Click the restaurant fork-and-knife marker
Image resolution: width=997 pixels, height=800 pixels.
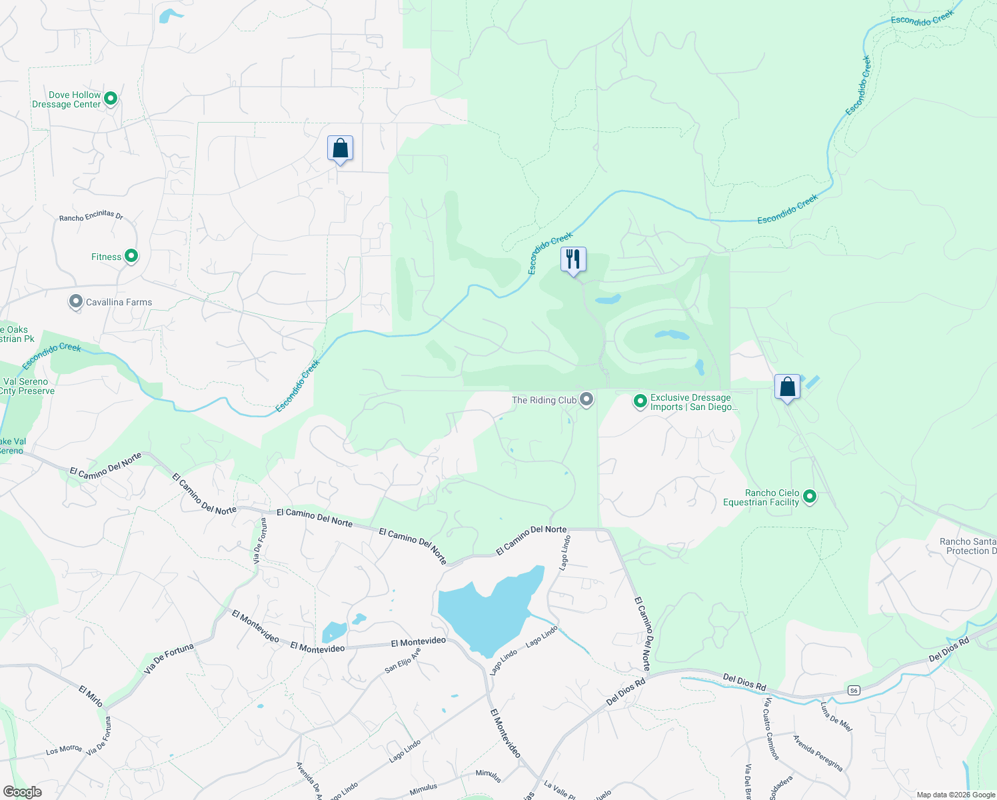pos(573,259)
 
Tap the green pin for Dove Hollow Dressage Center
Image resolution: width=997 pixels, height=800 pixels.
pos(111,99)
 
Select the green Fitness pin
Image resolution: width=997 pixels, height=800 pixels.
pos(131,256)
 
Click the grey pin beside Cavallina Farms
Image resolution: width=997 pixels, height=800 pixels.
pos(75,302)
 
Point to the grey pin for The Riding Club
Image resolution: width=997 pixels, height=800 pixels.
pos(586,399)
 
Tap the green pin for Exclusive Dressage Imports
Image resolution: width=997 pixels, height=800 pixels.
pos(640,401)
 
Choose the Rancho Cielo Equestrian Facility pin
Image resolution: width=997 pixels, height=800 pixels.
pos(810,497)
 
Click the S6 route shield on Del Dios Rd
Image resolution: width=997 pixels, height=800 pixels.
pos(854,691)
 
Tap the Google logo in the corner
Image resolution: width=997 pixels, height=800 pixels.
pos(22,791)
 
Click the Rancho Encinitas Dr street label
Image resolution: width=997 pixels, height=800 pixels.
pos(91,216)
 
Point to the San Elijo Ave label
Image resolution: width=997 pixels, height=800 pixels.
pos(403,659)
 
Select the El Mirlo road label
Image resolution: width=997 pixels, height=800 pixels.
pos(91,696)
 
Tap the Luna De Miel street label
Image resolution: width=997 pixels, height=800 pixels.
pos(836,717)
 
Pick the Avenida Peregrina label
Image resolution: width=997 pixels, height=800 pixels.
pos(818,753)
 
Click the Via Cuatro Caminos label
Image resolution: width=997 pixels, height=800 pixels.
pos(772,729)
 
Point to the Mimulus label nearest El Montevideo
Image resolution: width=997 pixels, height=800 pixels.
pos(488,775)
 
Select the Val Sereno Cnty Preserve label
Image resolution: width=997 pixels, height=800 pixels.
pos(29,387)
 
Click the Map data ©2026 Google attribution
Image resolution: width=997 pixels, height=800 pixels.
pos(956,795)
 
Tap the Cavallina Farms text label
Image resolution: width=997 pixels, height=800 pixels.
pos(119,302)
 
